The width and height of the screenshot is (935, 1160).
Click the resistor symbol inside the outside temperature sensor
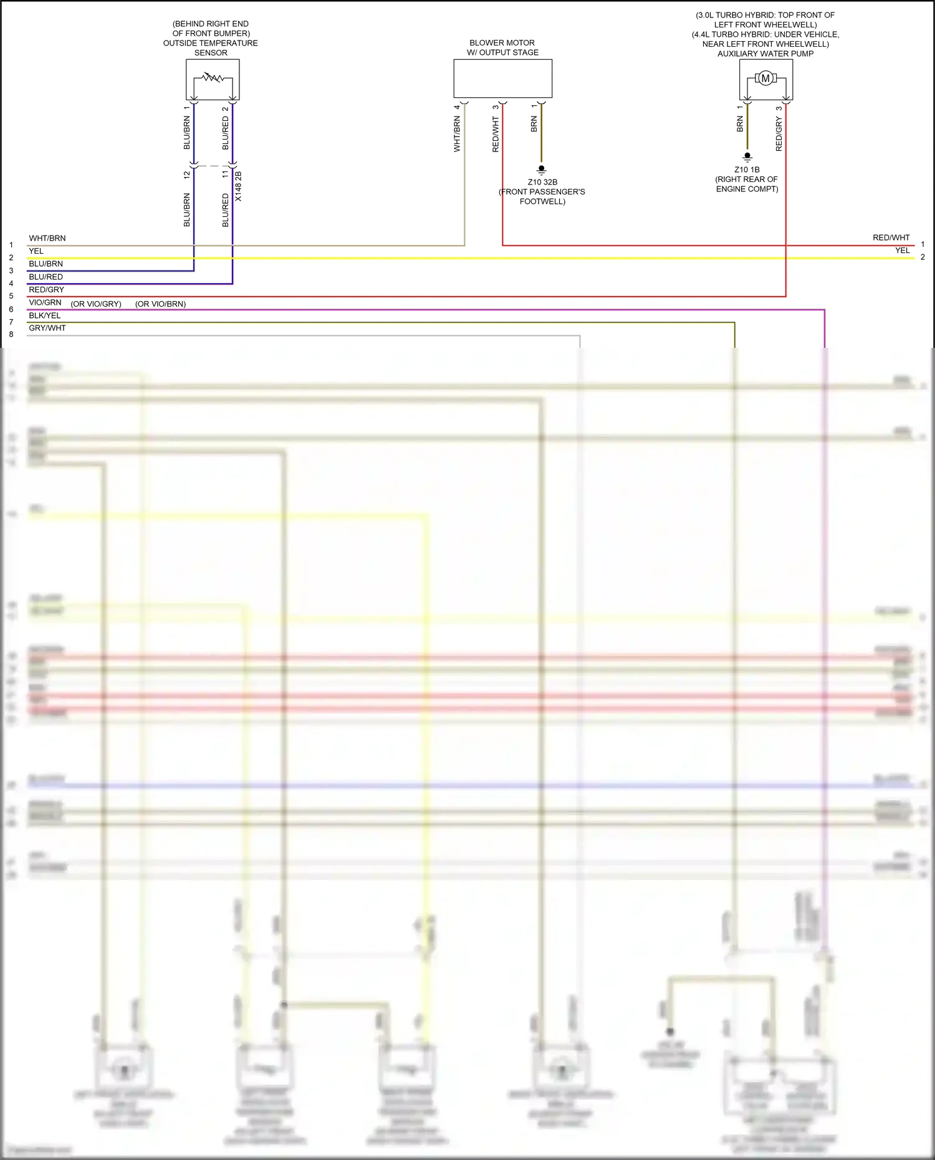213,78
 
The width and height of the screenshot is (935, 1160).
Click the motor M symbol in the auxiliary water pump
765,78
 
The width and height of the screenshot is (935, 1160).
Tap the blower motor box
502,79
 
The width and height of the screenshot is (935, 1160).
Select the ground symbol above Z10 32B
542,170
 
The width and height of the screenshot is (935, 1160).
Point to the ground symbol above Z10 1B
747,156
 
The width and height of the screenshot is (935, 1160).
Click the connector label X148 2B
238,186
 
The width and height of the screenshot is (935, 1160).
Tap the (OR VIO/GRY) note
96,304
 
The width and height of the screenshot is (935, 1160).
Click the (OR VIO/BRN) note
160,304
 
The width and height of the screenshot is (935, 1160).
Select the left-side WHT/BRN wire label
47,238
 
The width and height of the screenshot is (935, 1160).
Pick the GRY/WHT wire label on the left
47,328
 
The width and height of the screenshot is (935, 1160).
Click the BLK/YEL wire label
45,315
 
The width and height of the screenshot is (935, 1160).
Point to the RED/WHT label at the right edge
891,237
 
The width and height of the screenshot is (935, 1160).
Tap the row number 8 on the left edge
11,335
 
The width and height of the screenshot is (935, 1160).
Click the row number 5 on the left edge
11,296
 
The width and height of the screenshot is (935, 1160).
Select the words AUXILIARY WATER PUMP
765,54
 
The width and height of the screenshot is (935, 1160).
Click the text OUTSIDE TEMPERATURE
210,43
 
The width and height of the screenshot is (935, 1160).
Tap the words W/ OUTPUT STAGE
502,52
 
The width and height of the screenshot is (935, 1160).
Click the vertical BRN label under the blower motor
534,124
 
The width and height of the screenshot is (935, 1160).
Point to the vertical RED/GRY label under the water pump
779,134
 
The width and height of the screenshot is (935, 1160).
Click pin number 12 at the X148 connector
187,175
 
